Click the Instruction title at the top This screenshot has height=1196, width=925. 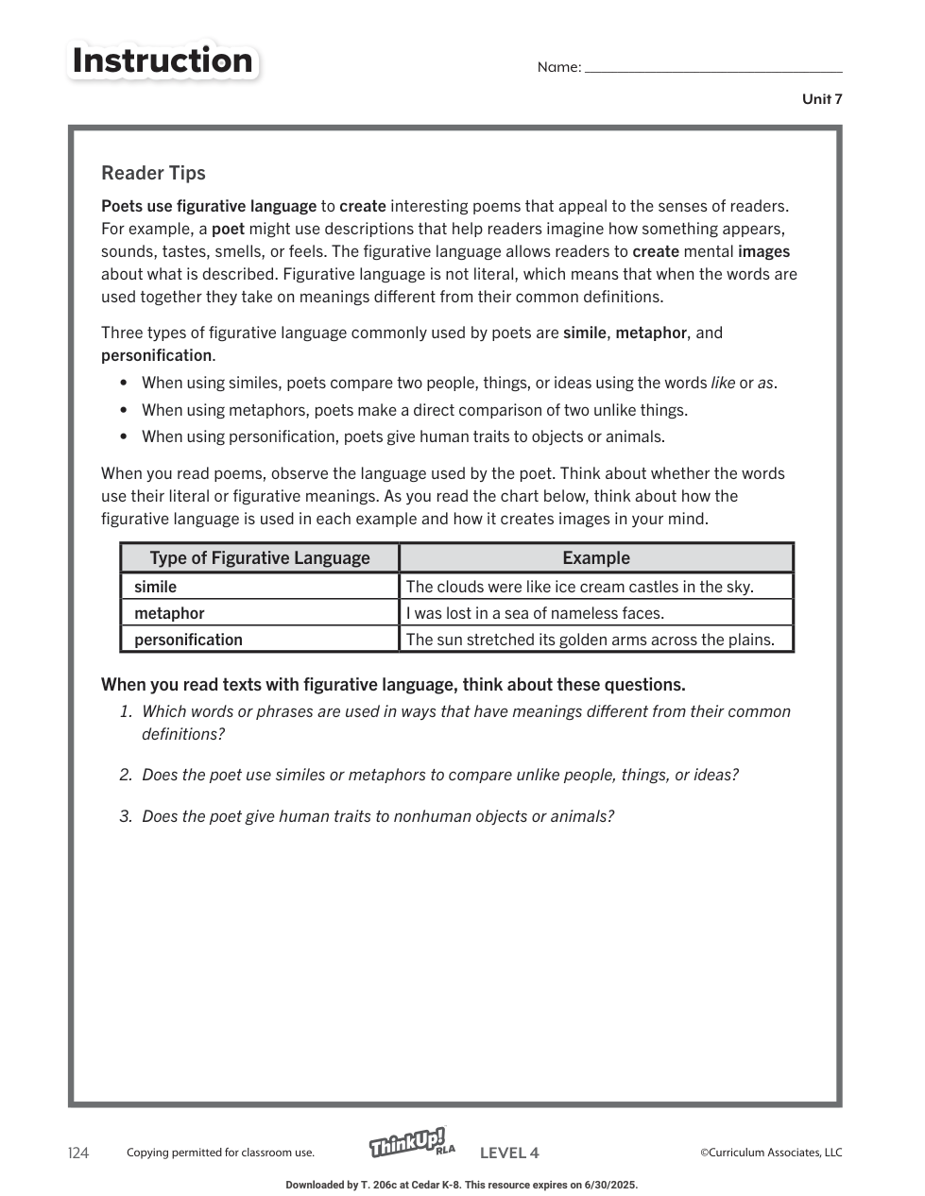(163, 60)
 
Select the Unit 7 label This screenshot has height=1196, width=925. (822, 99)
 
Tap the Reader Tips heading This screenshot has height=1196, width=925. (153, 173)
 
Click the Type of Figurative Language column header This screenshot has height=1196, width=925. (260, 558)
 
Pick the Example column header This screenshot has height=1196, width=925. (596, 558)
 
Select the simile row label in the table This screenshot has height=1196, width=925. (156, 587)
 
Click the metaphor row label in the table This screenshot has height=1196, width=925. (169, 613)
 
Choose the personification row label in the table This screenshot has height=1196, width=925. (188, 640)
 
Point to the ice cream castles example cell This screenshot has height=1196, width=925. (579, 587)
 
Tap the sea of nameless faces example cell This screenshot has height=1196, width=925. (535, 613)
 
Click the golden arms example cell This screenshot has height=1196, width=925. (590, 640)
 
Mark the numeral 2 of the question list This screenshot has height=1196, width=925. (125, 775)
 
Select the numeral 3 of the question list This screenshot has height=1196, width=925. (125, 816)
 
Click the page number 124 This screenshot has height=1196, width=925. (78, 1153)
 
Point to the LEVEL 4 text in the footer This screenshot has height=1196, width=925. (509, 1153)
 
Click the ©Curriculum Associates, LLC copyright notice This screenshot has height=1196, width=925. (771, 1153)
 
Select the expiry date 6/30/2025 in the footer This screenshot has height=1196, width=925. (609, 1185)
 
